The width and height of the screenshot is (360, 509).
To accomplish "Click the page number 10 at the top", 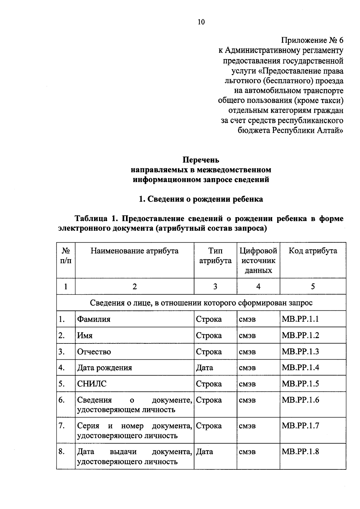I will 201,22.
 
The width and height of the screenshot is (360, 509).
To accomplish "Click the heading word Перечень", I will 201,160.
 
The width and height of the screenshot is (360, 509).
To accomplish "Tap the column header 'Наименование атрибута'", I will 134,251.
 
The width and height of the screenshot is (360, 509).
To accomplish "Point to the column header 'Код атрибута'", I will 313,251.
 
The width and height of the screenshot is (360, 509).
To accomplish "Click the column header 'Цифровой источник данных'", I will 258,260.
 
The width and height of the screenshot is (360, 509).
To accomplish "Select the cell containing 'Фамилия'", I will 94,319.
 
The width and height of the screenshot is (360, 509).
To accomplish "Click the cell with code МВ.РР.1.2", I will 300,335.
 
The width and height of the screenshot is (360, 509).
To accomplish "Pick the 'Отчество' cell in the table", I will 94,352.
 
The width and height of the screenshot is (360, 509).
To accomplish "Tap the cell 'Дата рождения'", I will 105,368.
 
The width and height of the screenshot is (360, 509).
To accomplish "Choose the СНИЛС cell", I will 92,384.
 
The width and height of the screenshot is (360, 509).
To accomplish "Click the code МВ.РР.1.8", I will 300,451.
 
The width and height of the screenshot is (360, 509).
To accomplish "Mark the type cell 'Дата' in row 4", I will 205,368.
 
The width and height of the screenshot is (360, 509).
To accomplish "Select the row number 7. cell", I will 62,426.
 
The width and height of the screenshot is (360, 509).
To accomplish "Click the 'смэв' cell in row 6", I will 247,400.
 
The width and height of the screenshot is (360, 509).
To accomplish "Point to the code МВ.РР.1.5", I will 300,384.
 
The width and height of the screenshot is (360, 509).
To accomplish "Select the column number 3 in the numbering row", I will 215,286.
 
